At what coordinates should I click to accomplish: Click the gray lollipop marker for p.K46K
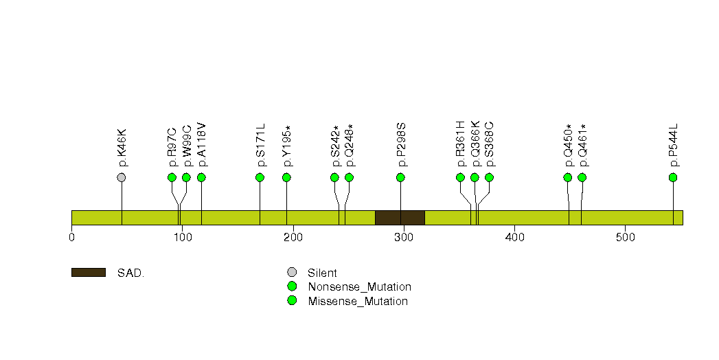122,177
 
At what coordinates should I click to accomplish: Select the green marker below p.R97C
172,177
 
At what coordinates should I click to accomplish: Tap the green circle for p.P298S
400,177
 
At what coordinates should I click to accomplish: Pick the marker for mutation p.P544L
673,177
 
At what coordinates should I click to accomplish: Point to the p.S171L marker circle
260,177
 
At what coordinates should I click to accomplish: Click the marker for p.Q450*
568,177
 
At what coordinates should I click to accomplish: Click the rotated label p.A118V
202,144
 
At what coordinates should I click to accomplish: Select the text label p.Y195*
286,146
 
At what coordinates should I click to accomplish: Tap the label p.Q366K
475,144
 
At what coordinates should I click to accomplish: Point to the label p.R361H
461,144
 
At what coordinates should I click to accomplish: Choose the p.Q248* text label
350,145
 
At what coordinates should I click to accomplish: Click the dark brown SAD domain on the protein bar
400,218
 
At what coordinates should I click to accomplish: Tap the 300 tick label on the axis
404,237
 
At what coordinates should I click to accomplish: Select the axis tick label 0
71,237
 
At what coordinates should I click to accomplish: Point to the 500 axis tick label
626,237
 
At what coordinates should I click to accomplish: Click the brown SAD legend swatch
89,273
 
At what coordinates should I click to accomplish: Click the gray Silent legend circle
292,273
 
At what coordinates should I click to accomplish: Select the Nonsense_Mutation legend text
360,286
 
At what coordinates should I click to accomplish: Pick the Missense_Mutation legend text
358,301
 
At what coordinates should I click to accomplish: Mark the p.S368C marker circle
489,177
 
